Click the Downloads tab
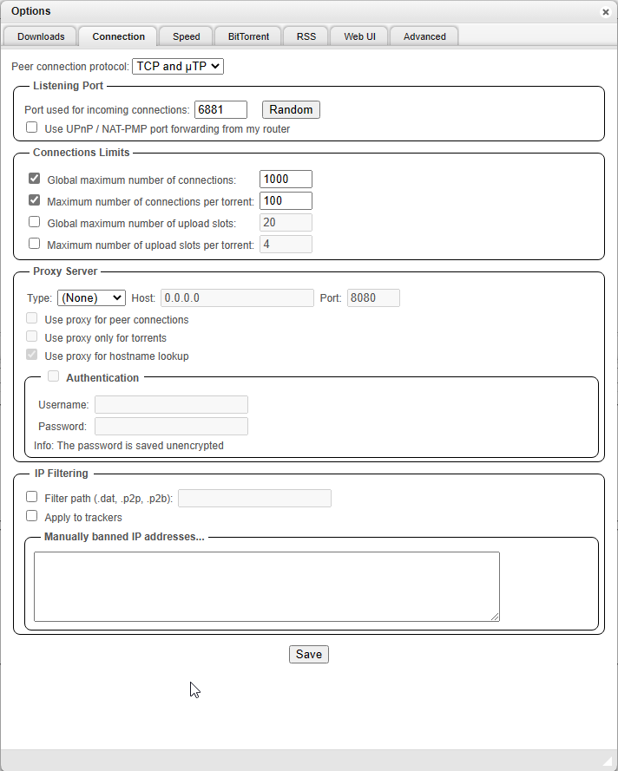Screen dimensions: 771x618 pos(41,36)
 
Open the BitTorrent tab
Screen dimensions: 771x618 pos(248,36)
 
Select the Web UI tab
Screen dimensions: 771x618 pos(359,36)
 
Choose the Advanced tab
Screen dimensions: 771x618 pos(424,36)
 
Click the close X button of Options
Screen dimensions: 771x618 pos(605,12)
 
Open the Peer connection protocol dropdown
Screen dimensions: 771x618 pos(177,66)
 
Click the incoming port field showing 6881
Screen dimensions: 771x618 pos(220,110)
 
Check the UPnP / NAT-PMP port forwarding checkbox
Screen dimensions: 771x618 pos(32,127)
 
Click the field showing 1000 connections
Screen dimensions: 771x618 pos(286,180)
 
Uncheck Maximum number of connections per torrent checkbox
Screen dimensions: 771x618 pos(35,200)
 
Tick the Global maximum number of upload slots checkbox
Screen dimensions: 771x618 pos(35,222)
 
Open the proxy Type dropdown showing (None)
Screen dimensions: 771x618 pos(91,298)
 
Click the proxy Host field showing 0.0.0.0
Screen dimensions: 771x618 pos(237,298)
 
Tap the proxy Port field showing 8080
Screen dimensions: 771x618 pos(373,298)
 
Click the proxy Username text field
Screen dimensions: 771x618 pos(171,405)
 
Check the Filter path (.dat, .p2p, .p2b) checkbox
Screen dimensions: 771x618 pos(32,497)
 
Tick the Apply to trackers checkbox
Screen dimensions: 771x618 pos(32,516)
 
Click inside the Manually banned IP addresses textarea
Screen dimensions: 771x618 pos(266,586)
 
